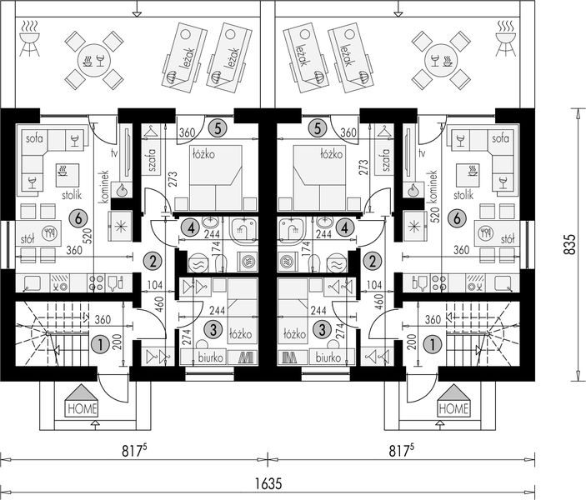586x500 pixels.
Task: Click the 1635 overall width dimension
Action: (x=268, y=484)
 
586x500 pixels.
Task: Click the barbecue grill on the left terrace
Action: (x=29, y=38)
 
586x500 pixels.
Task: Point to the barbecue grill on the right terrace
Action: (x=506, y=38)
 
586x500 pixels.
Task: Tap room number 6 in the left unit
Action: (x=78, y=218)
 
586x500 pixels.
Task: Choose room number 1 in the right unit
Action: (x=433, y=344)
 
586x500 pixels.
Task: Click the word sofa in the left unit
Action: (x=34, y=138)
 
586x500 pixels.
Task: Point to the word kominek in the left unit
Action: (x=104, y=187)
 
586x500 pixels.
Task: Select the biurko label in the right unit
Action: (x=328, y=357)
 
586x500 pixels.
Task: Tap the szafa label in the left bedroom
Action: (x=152, y=160)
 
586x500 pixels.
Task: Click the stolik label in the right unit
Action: (x=463, y=195)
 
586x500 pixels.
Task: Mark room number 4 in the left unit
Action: (x=192, y=227)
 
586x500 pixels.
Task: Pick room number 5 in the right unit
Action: (x=318, y=128)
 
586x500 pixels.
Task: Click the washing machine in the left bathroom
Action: (x=248, y=261)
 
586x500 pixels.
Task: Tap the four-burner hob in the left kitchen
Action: (x=97, y=283)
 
